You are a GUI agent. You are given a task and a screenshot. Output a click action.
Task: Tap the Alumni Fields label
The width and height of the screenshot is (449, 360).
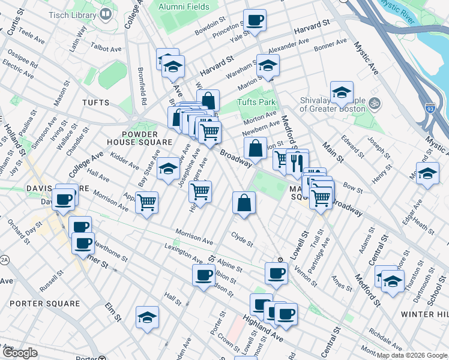(184, 7)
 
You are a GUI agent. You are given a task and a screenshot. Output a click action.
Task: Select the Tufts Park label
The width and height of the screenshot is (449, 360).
(256, 102)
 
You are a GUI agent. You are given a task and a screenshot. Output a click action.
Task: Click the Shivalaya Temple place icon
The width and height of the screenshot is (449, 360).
(375, 102)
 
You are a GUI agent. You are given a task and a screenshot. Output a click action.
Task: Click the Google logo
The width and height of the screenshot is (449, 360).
(20, 353)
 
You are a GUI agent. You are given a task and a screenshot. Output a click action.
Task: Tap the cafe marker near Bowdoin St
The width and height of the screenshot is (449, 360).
(255, 20)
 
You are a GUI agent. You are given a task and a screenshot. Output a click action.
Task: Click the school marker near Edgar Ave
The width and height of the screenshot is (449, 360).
(427, 173)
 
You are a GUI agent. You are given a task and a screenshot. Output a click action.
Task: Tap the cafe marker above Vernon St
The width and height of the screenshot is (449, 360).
(276, 274)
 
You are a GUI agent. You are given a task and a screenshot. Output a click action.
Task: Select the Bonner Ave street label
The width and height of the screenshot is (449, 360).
(330, 45)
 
